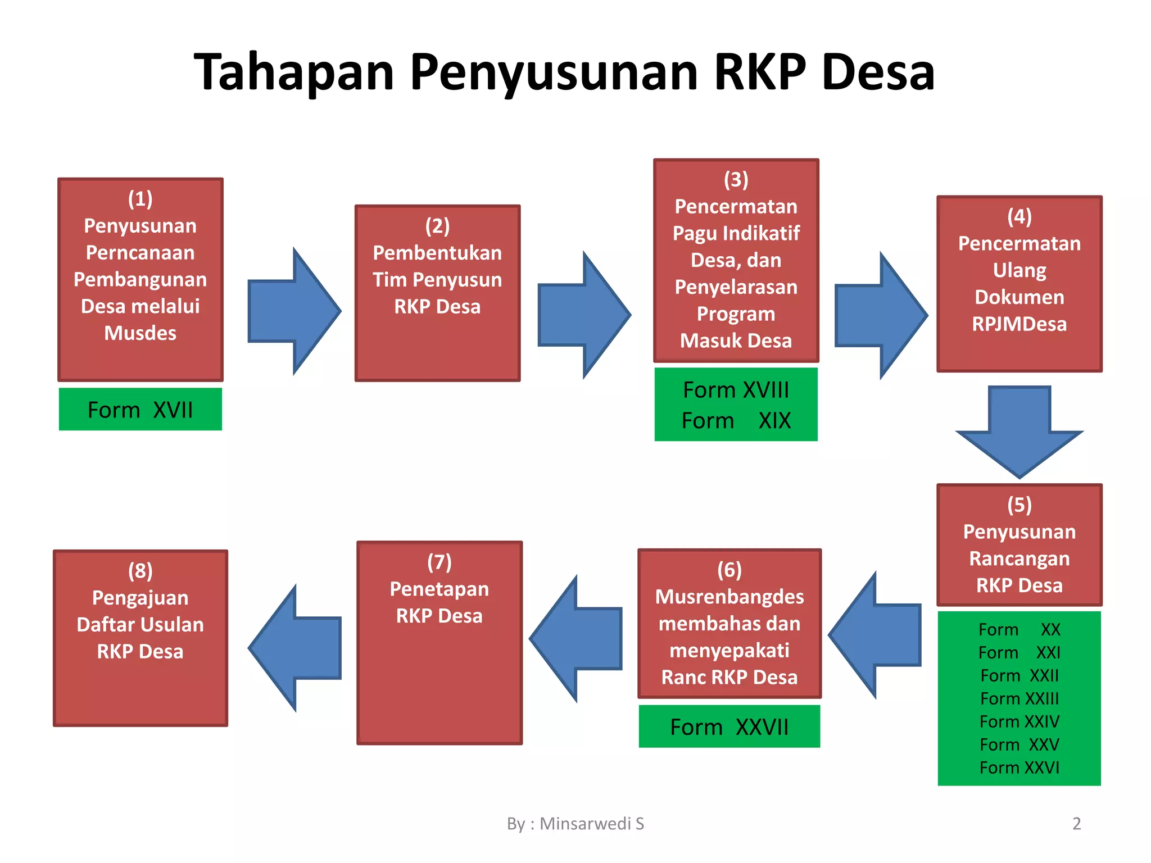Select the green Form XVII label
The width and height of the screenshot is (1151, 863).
click(x=141, y=410)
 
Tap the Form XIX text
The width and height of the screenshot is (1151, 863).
click(x=736, y=420)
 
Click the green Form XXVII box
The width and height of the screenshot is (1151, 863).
click(x=729, y=726)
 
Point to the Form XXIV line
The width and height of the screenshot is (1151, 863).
click(x=1019, y=721)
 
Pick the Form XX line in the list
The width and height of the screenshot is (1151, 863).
click(x=1019, y=629)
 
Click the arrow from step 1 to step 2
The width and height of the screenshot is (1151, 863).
click(x=294, y=311)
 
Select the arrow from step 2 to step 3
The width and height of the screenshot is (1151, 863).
click(x=584, y=315)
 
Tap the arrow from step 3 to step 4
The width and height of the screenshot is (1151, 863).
click(x=881, y=315)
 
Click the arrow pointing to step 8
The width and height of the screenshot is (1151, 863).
click(x=295, y=648)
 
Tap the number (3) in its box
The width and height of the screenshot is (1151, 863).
click(x=736, y=180)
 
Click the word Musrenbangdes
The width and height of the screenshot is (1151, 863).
click(x=729, y=597)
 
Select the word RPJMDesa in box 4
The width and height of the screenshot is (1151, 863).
click(x=1019, y=324)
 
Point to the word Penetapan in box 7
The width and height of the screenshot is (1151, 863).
click(x=439, y=589)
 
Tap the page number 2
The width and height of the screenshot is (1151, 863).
click(x=1076, y=824)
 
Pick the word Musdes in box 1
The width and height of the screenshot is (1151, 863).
click(x=141, y=333)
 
